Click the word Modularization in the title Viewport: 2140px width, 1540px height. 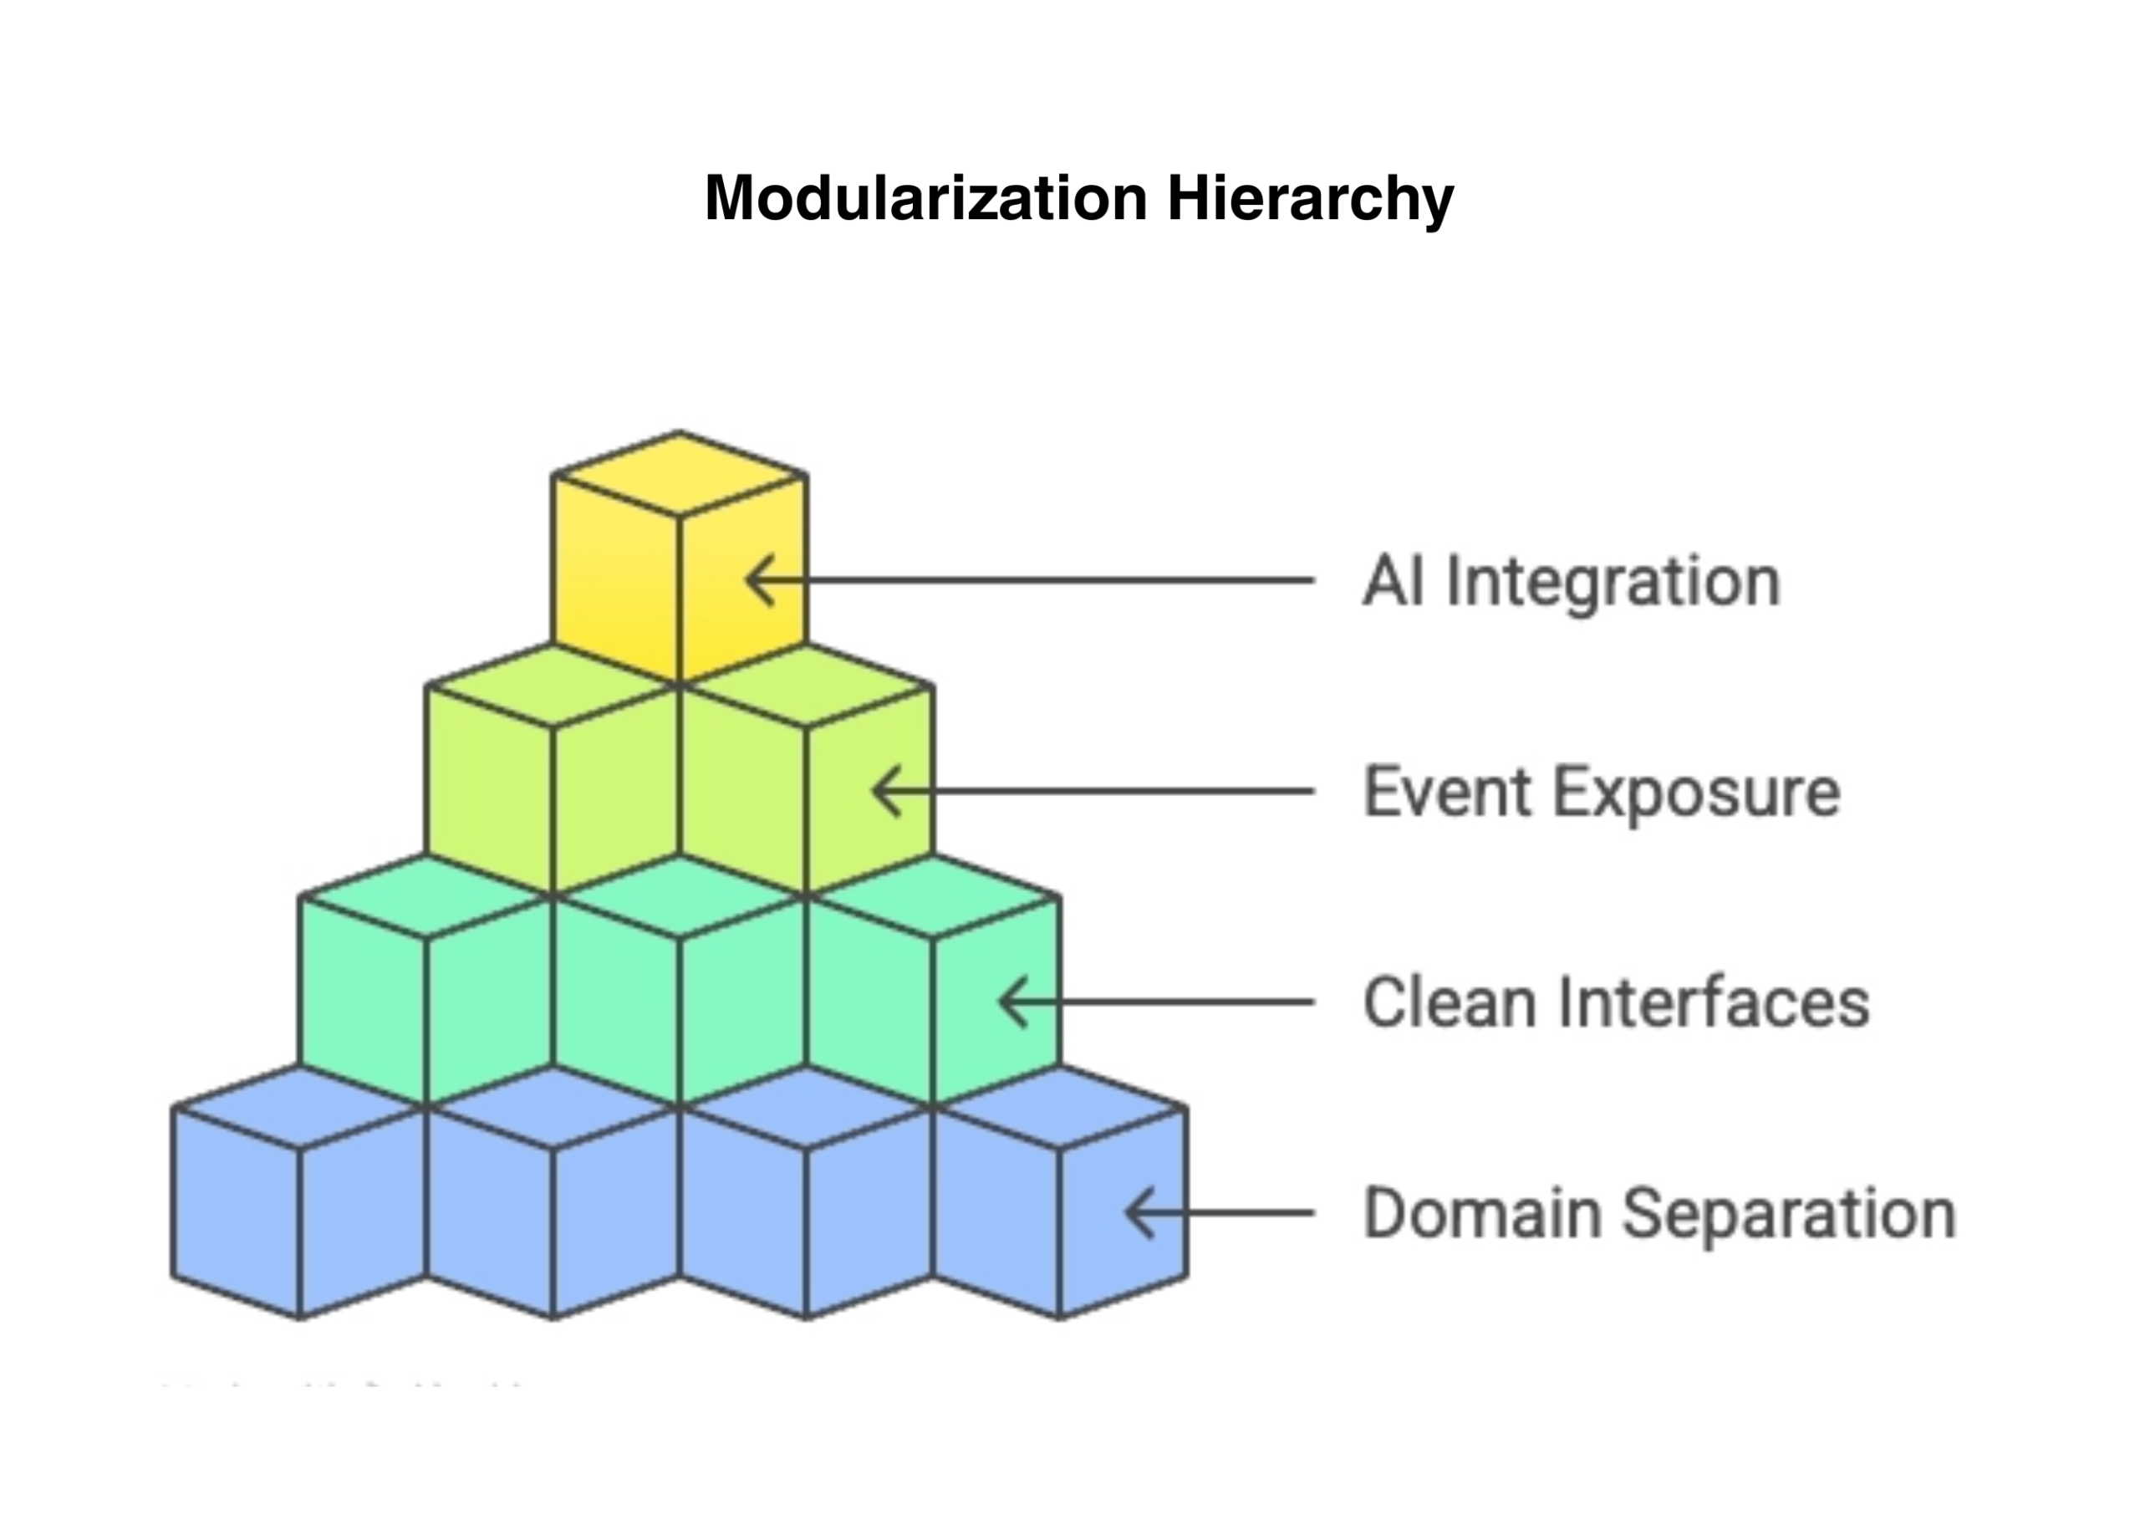[925, 198]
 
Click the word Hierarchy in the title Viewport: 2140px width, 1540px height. [1310, 200]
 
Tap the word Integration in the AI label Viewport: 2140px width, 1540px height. [1613, 581]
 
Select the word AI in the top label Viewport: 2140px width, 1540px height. [1393, 581]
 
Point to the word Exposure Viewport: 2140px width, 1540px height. [1696, 793]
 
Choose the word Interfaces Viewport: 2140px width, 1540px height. [1714, 1002]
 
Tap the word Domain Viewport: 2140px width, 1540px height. [1482, 1213]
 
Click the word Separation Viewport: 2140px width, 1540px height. [1789, 1213]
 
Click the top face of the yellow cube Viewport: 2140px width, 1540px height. [680, 474]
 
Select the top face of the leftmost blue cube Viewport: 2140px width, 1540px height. [299, 1108]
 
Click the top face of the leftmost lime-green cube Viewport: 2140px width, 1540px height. [552, 686]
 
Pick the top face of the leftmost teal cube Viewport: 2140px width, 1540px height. [425, 897]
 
